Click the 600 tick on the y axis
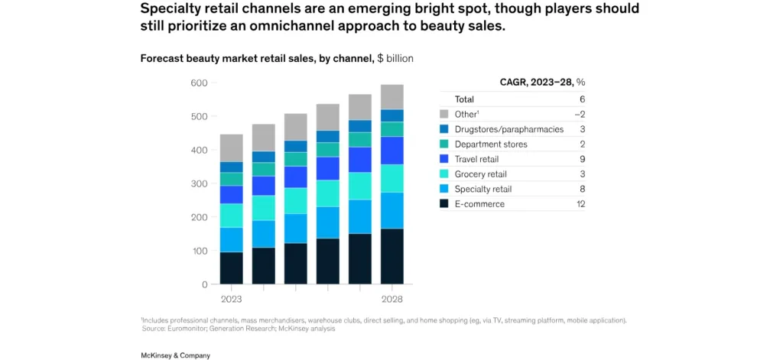(198, 83)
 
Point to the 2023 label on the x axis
(232, 299)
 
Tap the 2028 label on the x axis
(391, 299)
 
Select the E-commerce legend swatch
(445, 204)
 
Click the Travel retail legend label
(478, 159)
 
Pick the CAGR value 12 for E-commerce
(580, 204)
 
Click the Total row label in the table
(464, 99)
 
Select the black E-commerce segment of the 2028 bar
(391, 256)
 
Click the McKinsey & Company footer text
(175, 355)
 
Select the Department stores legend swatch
(445, 144)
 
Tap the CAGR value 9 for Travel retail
(582, 159)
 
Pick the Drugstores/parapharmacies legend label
(508, 129)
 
